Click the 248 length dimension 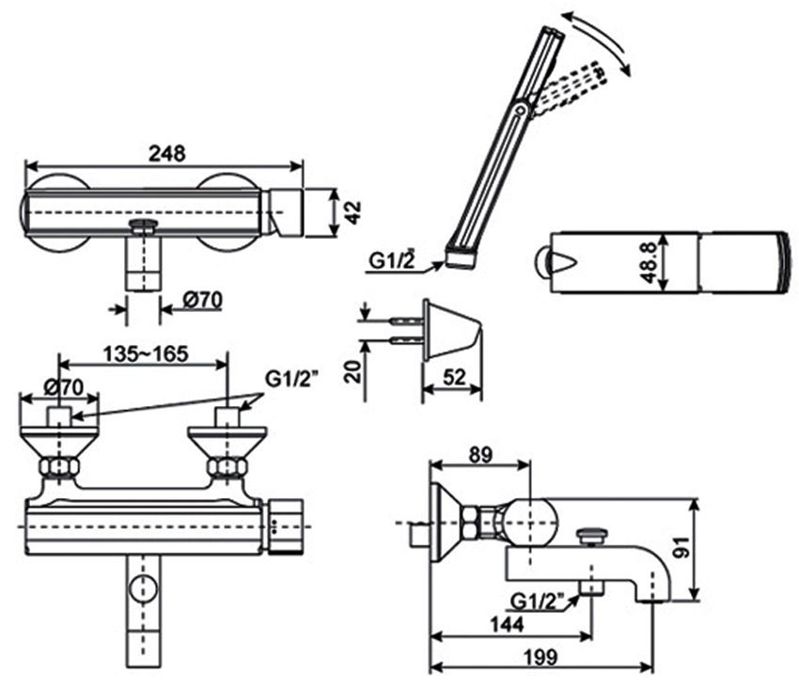click(167, 151)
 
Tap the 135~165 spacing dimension click(145, 353)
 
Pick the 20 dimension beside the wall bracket click(352, 370)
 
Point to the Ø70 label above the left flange click(65, 385)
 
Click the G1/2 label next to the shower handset click(392, 261)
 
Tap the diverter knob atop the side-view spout click(590, 536)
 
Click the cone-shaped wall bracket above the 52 click(450, 330)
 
